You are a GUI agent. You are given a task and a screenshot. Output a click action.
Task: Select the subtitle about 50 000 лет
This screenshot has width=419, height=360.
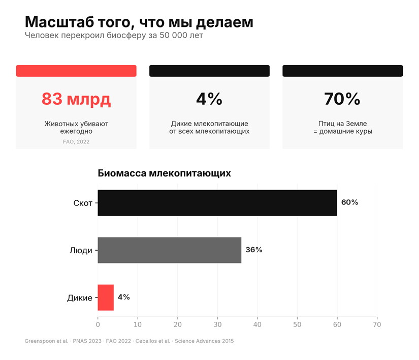click(114, 36)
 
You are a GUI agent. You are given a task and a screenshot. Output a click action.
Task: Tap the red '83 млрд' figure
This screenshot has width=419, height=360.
click(76, 99)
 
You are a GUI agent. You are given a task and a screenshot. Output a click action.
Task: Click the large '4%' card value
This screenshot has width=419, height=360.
click(209, 99)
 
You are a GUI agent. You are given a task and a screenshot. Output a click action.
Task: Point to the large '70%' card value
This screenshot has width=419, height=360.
click(342, 99)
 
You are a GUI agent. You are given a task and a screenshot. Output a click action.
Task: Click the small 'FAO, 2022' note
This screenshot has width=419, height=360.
click(76, 142)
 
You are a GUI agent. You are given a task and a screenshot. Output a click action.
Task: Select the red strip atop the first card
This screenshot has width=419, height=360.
click(76, 71)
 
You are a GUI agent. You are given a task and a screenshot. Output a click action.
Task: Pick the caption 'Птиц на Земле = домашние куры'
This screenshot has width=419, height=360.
click(342, 128)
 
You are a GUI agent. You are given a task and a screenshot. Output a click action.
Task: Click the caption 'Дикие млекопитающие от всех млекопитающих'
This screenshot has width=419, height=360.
click(209, 128)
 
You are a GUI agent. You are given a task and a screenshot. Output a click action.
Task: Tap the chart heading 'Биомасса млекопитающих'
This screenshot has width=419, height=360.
click(164, 173)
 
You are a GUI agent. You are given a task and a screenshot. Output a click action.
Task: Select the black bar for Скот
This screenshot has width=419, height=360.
click(217, 203)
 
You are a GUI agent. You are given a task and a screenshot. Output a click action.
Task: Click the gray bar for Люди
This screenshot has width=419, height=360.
click(169, 250)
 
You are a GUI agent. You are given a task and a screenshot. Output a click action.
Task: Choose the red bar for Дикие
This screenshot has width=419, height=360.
click(106, 297)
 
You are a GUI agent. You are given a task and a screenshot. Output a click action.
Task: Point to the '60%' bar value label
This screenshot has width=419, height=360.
click(349, 202)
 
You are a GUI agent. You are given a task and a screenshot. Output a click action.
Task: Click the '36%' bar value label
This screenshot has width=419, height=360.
click(253, 250)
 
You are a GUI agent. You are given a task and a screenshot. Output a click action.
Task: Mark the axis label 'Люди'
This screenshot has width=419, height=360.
click(81, 251)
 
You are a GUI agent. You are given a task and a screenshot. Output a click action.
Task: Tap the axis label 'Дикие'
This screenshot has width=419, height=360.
click(80, 298)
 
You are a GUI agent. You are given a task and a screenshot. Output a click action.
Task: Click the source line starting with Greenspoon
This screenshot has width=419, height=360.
click(129, 341)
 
